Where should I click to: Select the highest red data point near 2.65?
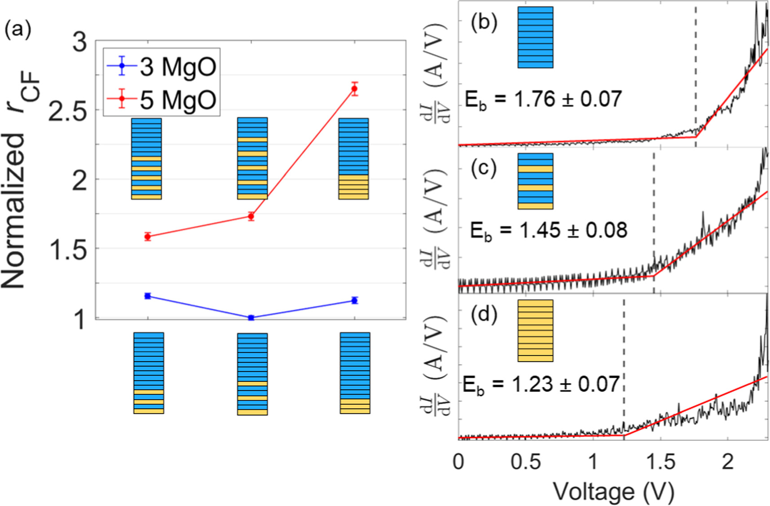pyautogui.click(x=354, y=89)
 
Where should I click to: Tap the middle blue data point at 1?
pyautogui.click(x=251, y=317)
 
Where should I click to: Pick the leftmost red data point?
pyautogui.click(x=148, y=236)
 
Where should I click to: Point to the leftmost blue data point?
pyautogui.click(x=148, y=296)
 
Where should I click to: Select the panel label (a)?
pyautogui.click(x=18, y=31)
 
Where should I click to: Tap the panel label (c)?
pyautogui.click(x=484, y=168)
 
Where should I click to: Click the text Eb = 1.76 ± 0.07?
pyautogui.click(x=543, y=99)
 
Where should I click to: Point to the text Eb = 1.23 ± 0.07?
pyautogui.click(x=541, y=385)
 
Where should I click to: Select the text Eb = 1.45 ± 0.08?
pyautogui.click(x=548, y=230)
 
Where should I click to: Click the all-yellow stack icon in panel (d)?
pyautogui.click(x=535, y=331)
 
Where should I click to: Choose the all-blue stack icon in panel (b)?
pyautogui.click(x=535, y=37)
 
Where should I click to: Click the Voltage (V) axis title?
pyautogui.click(x=613, y=492)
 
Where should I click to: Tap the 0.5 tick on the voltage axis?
pyautogui.click(x=525, y=462)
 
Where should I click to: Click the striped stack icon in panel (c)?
pyautogui.click(x=535, y=181)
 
